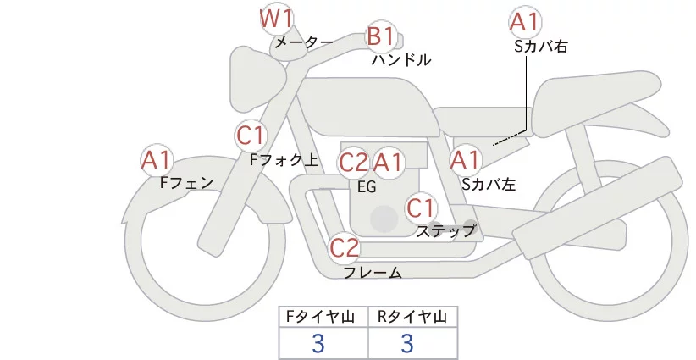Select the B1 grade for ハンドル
coord(381,36)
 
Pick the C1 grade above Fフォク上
coord(251,135)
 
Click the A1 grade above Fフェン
coord(157,159)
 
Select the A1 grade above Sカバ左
coord(465,159)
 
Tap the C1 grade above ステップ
coord(421,208)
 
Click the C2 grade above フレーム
coord(345,248)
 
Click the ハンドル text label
coord(401,60)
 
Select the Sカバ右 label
coord(540,47)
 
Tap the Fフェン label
coord(186,182)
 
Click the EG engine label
coord(367,186)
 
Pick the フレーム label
coord(373,273)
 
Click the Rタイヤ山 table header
coord(412,318)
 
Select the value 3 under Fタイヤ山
coord(318,343)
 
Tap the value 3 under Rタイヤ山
coord(407,343)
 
